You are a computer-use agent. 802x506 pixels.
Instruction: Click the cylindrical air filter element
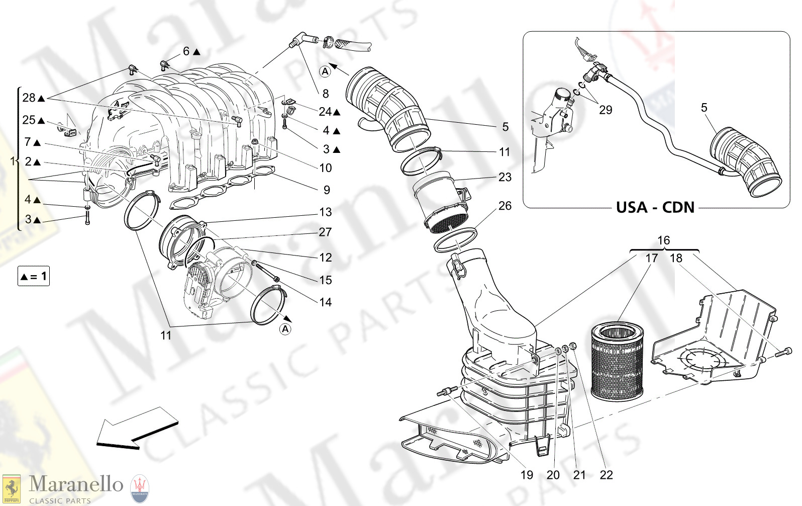tap(617, 362)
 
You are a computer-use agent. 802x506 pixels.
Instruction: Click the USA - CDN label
tap(655, 207)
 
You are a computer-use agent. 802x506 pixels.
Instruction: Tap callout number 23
tap(505, 177)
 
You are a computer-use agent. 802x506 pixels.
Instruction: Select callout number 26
tap(505, 206)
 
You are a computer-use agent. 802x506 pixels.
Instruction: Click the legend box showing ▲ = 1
tap(34, 276)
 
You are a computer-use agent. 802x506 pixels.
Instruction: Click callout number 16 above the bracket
tap(664, 240)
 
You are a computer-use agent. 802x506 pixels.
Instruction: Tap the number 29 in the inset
tap(606, 110)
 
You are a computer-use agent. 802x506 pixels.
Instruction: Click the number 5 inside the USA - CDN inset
tap(704, 108)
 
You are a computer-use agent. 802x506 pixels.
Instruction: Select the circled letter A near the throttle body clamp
tap(285, 329)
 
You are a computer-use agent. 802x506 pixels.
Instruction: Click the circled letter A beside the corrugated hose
tap(325, 71)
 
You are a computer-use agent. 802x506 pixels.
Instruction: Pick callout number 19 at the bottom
tap(527, 475)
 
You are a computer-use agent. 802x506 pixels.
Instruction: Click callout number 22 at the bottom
tap(606, 475)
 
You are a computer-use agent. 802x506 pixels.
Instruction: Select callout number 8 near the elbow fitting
tap(326, 94)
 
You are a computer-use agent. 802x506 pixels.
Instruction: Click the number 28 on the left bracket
tap(29, 98)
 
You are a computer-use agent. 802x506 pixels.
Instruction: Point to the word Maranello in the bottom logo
tap(75, 484)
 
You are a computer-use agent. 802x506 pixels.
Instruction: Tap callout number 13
tap(326, 212)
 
